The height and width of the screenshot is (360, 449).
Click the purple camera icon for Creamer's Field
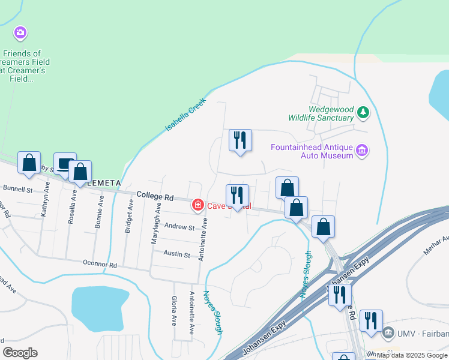pyautogui.click(x=20, y=32)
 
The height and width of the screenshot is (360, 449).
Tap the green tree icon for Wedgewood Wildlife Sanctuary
pyautogui.click(x=363, y=112)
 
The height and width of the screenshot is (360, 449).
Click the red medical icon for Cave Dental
pyautogui.click(x=197, y=205)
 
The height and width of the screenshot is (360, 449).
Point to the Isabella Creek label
pyautogui.click(x=185, y=115)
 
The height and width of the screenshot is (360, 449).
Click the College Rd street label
pyautogui.click(x=154, y=196)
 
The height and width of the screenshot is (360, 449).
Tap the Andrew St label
pyautogui.click(x=180, y=228)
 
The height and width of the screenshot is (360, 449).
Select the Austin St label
pyautogui.click(x=178, y=255)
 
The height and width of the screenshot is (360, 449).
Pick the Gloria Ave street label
pyautogui.click(x=174, y=311)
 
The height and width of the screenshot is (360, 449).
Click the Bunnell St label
pyautogui.click(x=17, y=189)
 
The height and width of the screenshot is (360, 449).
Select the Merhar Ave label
pyautogui.click(x=436, y=244)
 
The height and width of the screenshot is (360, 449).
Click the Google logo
pyautogui.click(x=20, y=353)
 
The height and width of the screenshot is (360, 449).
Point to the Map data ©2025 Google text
pyautogui.click(x=412, y=355)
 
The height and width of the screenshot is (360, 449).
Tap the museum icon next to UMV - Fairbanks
pyautogui.click(x=388, y=332)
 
